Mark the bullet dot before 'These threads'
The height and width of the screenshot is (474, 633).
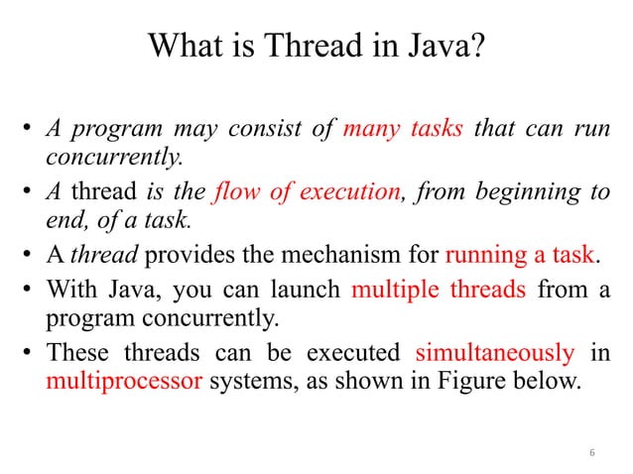pos(30,352)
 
